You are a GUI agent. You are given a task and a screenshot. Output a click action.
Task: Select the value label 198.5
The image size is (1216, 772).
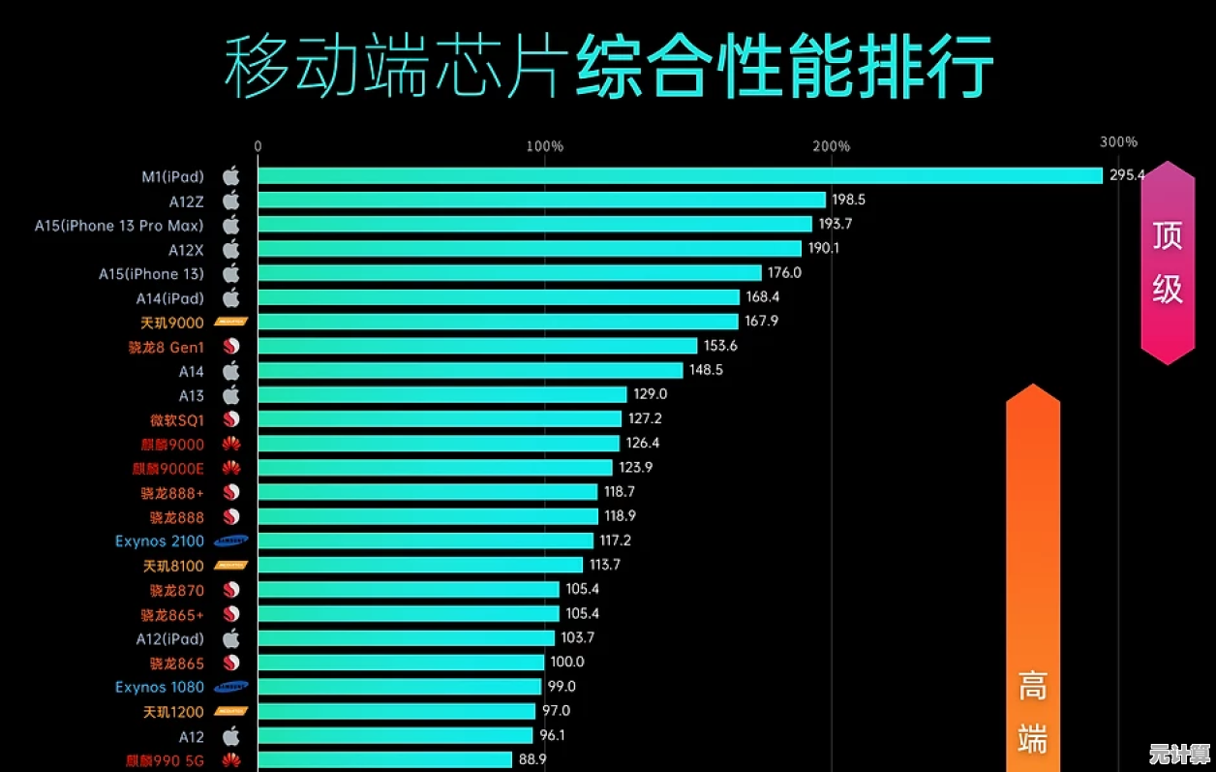tap(849, 200)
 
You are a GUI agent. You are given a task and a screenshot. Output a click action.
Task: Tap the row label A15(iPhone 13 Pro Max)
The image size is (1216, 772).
tap(119, 226)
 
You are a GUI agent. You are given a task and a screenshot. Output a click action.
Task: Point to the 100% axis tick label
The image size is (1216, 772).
tap(544, 146)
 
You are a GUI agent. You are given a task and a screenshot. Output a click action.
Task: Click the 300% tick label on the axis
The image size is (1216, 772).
tap(1118, 142)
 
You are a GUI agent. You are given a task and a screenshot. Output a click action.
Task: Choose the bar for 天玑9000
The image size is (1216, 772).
tap(498, 322)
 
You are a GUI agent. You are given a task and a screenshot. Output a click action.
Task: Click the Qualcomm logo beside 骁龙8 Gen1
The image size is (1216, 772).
tap(231, 347)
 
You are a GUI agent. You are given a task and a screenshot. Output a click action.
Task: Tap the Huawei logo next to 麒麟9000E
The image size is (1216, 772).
tap(231, 468)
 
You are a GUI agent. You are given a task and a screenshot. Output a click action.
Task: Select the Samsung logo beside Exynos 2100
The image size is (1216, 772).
tap(231, 541)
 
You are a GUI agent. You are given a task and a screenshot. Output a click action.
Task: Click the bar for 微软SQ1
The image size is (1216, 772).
tap(440, 418)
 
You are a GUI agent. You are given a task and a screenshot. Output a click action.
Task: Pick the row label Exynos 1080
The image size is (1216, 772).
tap(160, 687)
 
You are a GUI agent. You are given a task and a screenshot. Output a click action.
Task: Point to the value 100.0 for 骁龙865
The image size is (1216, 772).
tap(566, 662)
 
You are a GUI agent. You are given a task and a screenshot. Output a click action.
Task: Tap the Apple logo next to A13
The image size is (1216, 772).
tap(231, 395)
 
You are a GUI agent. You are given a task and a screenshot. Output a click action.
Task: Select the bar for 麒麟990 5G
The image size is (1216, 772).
tap(384, 759)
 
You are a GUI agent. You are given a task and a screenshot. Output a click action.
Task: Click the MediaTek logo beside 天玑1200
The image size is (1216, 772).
tap(231, 712)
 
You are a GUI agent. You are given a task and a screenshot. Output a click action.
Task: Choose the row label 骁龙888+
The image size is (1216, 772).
tap(172, 493)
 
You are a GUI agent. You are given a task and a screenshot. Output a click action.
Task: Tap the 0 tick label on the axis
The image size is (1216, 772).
tap(258, 146)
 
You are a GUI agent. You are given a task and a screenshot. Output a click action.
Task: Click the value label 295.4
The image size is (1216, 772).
tap(1127, 175)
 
